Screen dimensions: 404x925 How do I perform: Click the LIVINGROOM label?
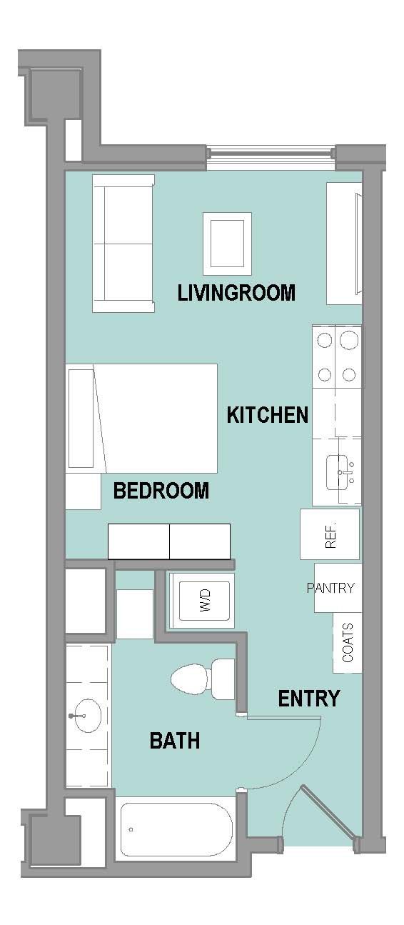point(236,293)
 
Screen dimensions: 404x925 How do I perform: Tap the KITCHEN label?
point(268,415)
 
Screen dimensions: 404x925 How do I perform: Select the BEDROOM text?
point(161,491)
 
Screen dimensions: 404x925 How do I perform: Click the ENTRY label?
point(308,699)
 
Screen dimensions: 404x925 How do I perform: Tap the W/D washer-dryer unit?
point(203,601)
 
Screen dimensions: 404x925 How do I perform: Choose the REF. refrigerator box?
point(330,534)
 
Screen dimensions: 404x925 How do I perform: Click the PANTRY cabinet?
point(338,588)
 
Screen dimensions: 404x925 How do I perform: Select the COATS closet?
point(348,643)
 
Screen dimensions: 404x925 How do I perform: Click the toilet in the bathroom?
point(203,679)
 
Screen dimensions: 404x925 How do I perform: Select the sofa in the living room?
point(123,244)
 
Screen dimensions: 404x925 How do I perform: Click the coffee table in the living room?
point(228,244)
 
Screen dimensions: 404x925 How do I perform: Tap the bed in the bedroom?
point(141,419)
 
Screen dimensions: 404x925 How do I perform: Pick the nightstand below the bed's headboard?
point(84,491)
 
